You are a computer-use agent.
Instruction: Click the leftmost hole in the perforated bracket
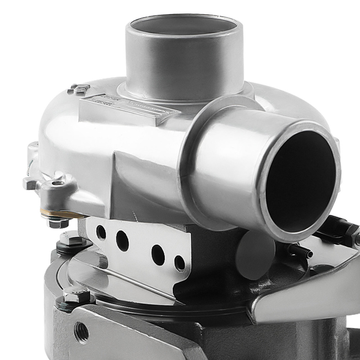coord(101,233)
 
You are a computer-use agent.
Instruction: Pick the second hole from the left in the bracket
coord(122,241)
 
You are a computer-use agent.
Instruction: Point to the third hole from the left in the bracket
coord(158,255)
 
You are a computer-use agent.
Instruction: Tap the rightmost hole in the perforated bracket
coord(180,263)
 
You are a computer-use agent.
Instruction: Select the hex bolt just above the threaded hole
coord(77,296)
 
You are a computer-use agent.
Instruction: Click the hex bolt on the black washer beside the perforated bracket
coord(71,239)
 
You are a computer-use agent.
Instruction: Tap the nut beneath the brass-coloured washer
coord(58,223)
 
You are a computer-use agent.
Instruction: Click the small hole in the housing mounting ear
coord(57,183)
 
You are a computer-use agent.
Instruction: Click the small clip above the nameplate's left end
coord(78,89)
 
